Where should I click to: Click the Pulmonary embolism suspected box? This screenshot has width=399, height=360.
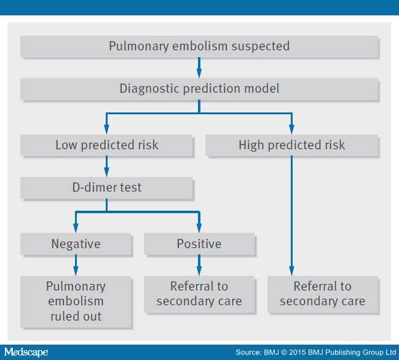coord(200,47)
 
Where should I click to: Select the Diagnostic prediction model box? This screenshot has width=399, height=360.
coord(200,89)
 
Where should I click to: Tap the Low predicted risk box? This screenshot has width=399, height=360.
coord(107,146)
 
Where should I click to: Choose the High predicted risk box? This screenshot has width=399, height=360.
coord(292,146)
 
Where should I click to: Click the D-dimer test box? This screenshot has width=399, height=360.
coord(107,188)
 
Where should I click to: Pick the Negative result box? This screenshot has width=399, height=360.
coord(76,245)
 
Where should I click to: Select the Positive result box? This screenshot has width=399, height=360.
coord(199,245)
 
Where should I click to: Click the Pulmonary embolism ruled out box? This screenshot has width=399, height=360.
coord(76,302)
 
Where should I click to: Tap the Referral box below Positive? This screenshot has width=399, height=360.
coord(199,294)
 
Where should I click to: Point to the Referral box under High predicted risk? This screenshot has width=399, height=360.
coord(323,294)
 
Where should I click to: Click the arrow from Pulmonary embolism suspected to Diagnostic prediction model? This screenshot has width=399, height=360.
coord(199,68)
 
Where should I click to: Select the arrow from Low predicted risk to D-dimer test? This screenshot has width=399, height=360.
coord(106,166)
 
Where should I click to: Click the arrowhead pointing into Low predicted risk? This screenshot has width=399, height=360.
coord(106,130)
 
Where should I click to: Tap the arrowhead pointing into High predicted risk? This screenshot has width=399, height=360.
coord(291,130)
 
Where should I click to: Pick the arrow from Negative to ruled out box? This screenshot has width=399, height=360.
coord(76,265)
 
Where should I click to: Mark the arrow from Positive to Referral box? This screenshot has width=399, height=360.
coord(199,265)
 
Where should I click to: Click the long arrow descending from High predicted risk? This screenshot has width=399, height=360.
coord(291,216)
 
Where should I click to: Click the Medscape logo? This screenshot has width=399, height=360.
coord(26,353)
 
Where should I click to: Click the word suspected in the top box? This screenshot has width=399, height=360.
coord(260,47)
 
